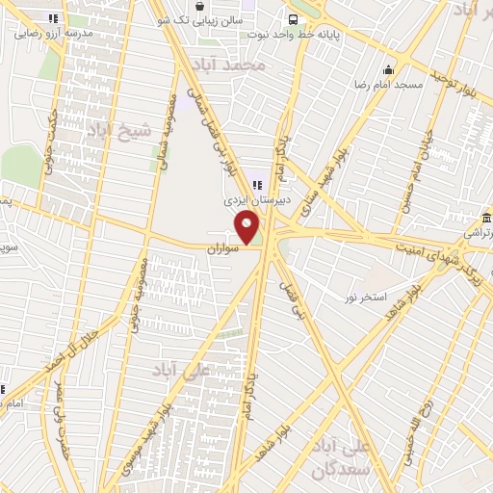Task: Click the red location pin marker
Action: click(x=247, y=228)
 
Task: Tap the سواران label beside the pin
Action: click(x=221, y=248)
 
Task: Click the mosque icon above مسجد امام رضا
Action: click(x=389, y=69)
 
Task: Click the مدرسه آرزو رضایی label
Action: click(x=53, y=32)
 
